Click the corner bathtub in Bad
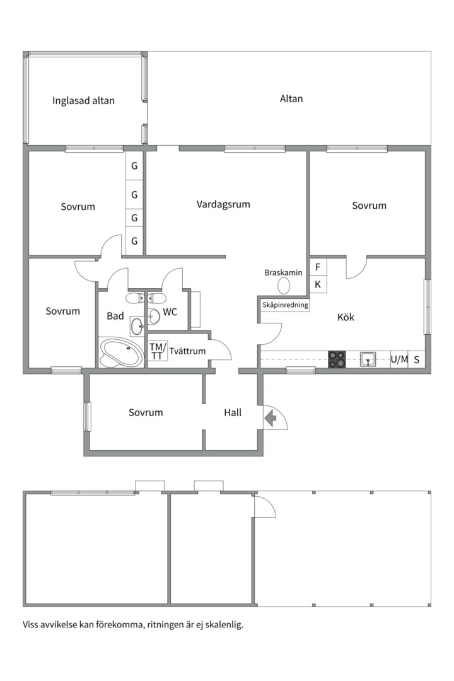(121, 352)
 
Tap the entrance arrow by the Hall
(271, 419)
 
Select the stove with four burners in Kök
(337, 359)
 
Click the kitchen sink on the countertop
(368, 359)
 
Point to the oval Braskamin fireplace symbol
(284, 286)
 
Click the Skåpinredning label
(285, 305)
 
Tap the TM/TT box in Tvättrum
(157, 351)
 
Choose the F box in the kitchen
(318, 267)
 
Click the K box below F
(318, 284)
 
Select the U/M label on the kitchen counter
(399, 359)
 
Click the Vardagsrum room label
(223, 204)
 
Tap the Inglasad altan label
(83, 101)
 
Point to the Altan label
(291, 98)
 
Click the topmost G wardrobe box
(134, 165)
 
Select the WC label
(170, 312)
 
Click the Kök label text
(346, 317)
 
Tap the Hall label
(233, 412)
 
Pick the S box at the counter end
(417, 359)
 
